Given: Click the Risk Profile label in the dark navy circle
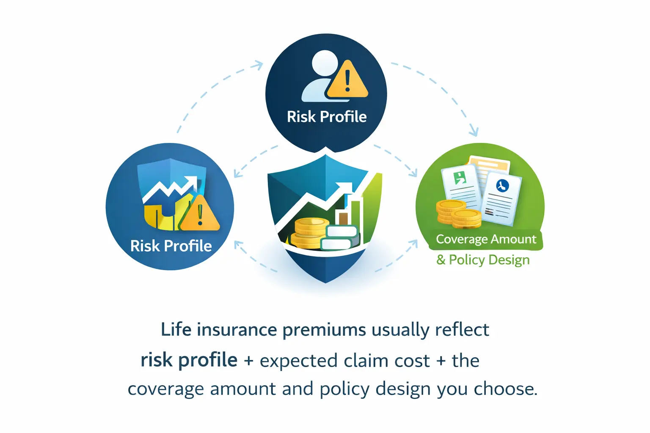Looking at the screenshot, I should point(326,117).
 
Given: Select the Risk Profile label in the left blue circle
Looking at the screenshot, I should point(171,246).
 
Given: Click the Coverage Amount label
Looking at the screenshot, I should point(486,239).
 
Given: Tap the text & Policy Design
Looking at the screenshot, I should point(483,259).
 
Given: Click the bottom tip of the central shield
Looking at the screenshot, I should point(325,281).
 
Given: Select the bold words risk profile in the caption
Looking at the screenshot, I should point(189,360).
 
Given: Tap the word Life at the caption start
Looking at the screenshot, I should point(176,330).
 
